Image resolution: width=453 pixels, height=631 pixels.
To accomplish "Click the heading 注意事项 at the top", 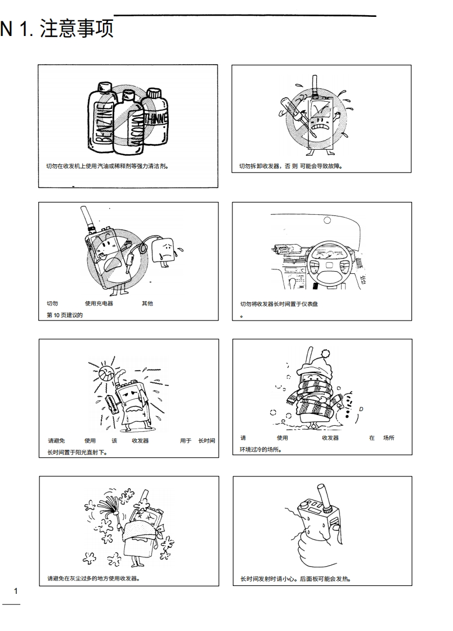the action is [x=77, y=29].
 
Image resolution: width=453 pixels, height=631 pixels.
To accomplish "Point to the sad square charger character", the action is [x=164, y=253].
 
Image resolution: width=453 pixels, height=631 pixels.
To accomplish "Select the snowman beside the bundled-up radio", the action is [x=346, y=407].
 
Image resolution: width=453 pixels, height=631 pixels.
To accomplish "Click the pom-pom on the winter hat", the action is [x=325, y=354].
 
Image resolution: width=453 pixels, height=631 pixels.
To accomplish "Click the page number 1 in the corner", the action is [x=16, y=591].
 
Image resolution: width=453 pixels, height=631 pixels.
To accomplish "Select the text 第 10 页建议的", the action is [x=64, y=315].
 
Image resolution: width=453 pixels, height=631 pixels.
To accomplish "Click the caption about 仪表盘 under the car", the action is [x=279, y=304].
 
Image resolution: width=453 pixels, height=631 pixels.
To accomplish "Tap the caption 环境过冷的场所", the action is [x=261, y=449].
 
